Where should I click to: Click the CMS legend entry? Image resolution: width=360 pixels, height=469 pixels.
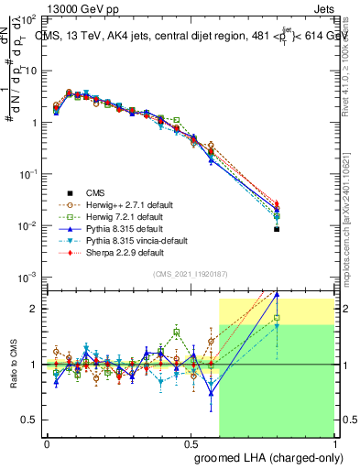[x=96, y=192]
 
